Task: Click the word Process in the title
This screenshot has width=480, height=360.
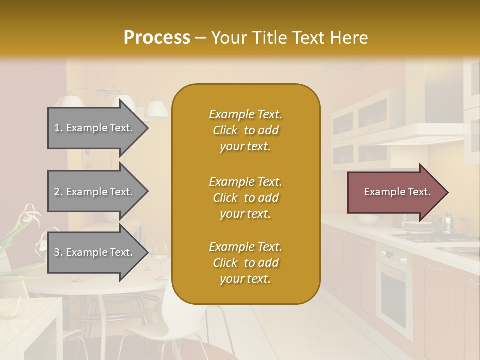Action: (157, 37)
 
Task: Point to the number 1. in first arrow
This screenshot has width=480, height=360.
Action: (58, 128)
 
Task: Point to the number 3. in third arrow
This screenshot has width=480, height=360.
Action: (58, 252)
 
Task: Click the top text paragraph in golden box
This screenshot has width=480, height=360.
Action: (245, 130)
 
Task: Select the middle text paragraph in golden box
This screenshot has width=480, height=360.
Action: (245, 198)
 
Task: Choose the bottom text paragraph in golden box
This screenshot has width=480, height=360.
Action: (245, 263)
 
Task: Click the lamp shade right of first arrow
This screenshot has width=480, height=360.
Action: (157, 109)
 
